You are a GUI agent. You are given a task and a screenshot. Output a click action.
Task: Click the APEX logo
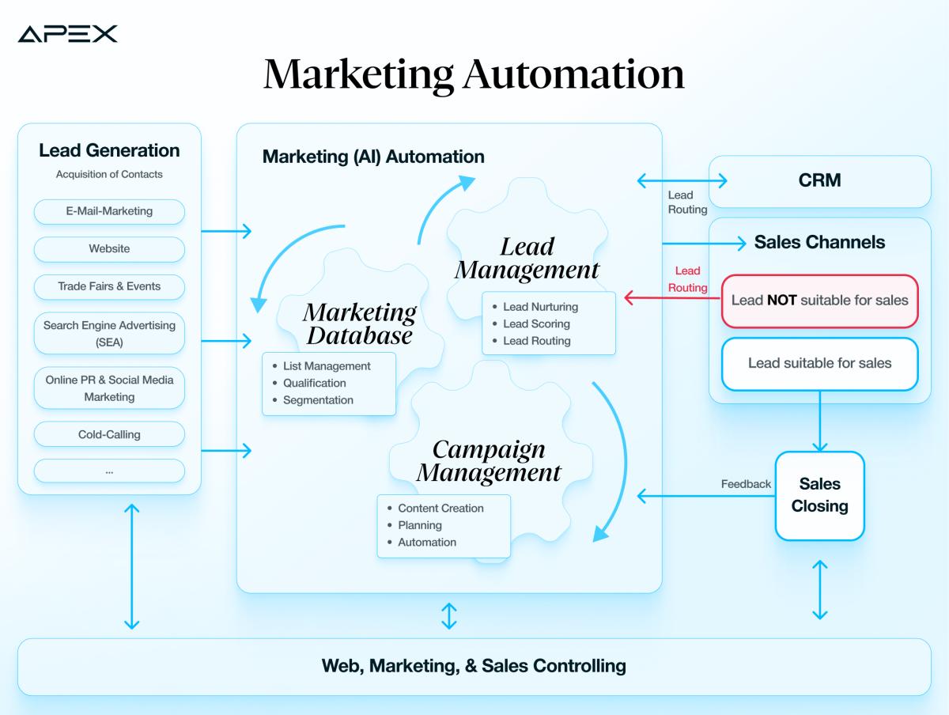67,33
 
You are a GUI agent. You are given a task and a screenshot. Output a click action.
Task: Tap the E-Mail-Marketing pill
109,211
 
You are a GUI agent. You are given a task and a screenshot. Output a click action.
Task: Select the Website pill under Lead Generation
109,249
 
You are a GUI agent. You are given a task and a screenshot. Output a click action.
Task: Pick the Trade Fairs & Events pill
109,286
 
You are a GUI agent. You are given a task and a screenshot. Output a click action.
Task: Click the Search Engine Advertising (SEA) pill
109,334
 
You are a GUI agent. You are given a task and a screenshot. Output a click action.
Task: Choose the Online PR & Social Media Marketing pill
109,388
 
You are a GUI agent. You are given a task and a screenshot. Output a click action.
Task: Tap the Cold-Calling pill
109,434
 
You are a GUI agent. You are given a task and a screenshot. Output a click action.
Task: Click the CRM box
819,181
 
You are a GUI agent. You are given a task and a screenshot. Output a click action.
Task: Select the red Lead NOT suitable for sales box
819,301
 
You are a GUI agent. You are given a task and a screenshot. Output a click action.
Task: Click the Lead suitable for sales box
819,364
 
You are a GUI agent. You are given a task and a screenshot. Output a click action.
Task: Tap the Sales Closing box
819,495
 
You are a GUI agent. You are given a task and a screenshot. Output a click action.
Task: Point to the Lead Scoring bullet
536,323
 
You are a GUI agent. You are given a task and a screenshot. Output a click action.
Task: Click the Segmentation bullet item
318,400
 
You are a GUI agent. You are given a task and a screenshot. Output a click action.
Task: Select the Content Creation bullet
440,509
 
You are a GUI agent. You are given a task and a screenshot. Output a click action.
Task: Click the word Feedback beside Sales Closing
745,484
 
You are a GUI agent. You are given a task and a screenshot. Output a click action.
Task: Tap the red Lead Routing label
687,279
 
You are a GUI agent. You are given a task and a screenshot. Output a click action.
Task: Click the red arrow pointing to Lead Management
672,298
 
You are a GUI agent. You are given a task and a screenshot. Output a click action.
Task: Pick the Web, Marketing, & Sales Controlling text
474,666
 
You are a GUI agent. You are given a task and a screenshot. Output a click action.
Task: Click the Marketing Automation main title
474,74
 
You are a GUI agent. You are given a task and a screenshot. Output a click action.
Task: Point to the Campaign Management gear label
489,461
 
